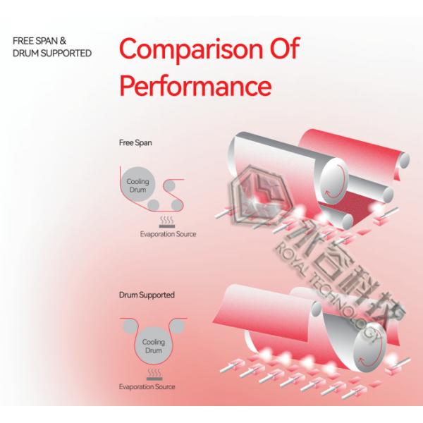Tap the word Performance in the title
tap(195, 86)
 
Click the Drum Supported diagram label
tap(147, 295)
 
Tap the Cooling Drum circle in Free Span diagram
tap(137, 185)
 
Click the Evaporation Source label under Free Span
tap(168, 233)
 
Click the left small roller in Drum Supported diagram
tap(129, 326)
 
